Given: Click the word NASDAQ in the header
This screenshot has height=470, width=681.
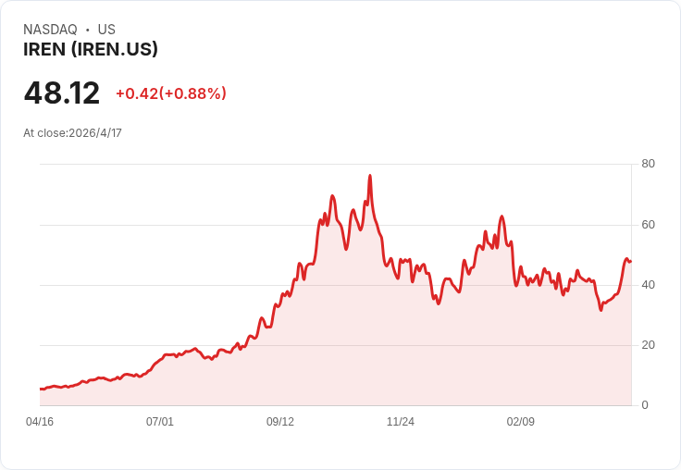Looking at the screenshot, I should [x=50, y=30].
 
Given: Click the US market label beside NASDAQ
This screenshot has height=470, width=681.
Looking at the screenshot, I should [x=106, y=30].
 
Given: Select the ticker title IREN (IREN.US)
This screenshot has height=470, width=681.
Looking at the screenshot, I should [x=91, y=50].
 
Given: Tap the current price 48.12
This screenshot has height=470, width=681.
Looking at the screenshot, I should [x=62, y=93].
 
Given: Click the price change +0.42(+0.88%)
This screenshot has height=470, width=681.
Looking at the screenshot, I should [x=171, y=93].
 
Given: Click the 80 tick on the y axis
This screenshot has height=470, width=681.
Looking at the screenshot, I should [x=648, y=164].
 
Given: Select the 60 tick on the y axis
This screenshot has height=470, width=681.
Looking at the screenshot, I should [x=648, y=224].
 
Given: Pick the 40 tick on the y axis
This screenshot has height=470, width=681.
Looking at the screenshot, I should [x=648, y=285].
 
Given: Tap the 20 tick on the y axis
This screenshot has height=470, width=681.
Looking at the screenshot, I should [x=648, y=345].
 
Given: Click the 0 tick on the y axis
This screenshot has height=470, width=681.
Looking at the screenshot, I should [x=645, y=405].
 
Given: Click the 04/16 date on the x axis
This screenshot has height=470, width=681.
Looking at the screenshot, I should [x=40, y=422].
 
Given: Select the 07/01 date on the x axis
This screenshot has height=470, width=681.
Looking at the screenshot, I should [x=160, y=422].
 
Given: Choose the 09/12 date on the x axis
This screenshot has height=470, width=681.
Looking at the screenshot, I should [x=280, y=422].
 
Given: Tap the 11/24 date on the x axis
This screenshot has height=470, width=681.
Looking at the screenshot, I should [x=401, y=422].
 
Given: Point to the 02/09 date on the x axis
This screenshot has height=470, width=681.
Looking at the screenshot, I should [x=521, y=422].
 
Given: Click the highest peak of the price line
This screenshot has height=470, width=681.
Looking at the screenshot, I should [x=370, y=175].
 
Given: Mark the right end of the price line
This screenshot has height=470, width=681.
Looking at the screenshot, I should [x=630, y=261].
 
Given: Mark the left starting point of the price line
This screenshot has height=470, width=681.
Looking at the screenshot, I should [x=41, y=389].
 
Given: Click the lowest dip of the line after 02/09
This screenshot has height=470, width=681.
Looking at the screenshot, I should [x=601, y=309].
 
